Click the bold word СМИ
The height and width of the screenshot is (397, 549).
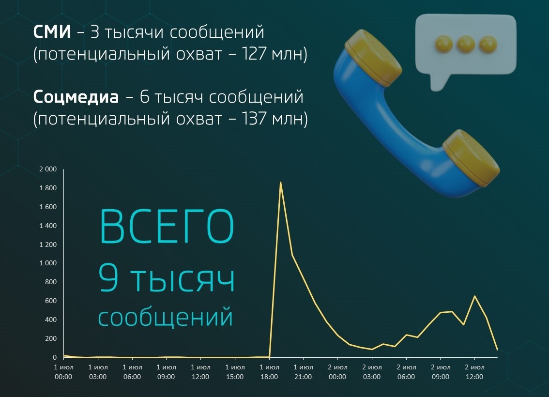click(x=52, y=32)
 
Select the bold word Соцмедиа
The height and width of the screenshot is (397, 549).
click(x=76, y=97)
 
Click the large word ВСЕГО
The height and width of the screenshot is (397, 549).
click(x=167, y=227)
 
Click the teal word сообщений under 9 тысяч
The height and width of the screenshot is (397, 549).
click(x=166, y=318)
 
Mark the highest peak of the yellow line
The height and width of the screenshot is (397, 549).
click(x=280, y=182)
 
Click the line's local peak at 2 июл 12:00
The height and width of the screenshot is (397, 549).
click(x=474, y=296)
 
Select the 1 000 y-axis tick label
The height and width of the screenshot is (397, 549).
click(x=47, y=263)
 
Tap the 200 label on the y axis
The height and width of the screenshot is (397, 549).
click(x=51, y=338)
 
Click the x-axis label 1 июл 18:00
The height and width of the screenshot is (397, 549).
click(x=269, y=372)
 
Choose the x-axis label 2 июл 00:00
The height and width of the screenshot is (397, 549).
click(x=337, y=372)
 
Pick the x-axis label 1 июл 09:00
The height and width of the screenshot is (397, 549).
click(x=166, y=372)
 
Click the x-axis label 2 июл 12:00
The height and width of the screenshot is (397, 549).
click(x=474, y=372)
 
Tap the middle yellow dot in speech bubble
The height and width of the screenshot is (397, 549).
click(x=466, y=44)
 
